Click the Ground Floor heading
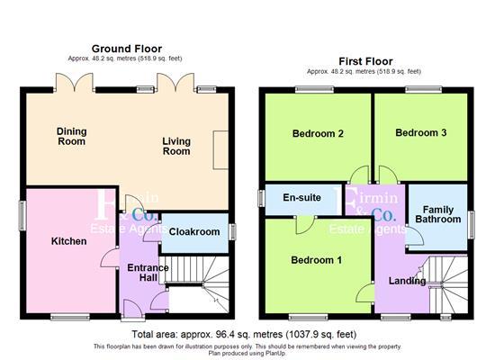[x=126, y=48]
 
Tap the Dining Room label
[x=71, y=136]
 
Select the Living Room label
[x=176, y=146]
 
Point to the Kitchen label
[x=68, y=241]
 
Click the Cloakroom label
[x=194, y=231]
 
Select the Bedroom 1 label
[x=316, y=260]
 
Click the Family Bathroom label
[x=436, y=214]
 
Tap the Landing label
[x=407, y=281]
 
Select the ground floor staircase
[x=200, y=269]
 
